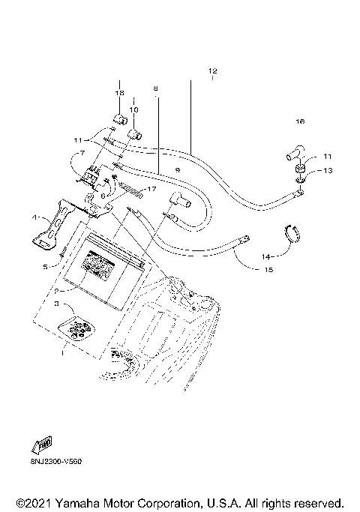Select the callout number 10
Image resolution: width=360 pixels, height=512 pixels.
133,109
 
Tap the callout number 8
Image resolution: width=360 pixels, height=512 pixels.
155,88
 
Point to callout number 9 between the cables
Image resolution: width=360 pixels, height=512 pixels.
177,171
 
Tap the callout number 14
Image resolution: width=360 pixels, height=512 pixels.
265,256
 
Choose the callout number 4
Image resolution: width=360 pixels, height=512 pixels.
34,217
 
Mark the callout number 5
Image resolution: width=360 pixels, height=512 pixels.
46,266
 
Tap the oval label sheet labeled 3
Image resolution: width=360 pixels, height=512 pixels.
76,328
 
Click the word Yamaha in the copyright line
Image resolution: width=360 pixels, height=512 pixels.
74,502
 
